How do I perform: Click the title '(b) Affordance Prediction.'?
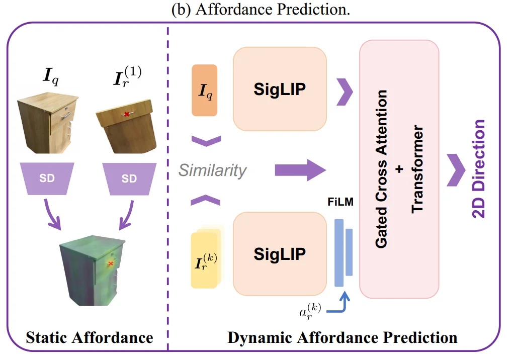pyautogui.click(x=257, y=10)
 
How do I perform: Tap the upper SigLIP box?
pyautogui.click(x=280, y=89)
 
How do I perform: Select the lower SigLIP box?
pyautogui.click(x=280, y=254)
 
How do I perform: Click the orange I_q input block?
pyautogui.click(x=205, y=91)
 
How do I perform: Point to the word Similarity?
pyautogui.click(x=213, y=170)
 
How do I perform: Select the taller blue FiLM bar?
pyautogui.click(x=339, y=253)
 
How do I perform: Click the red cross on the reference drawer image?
pyautogui.click(x=127, y=114)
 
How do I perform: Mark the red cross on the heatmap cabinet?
pyautogui.click(x=111, y=263)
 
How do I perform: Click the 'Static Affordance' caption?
pyautogui.click(x=90, y=337)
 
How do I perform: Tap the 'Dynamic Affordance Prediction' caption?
pyautogui.click(x=342, y=337)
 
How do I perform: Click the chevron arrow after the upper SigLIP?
pyautogui.click(x=344, y=92)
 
